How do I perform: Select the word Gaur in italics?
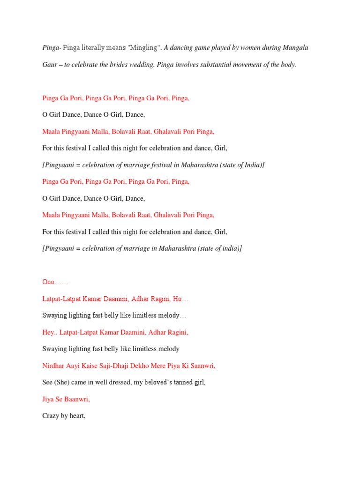pos(50,65)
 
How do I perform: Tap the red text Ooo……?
pos(55,282)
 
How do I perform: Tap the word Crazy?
pos(51,416)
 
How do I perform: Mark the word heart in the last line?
pos(77,416)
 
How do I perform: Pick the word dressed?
pos(115,382)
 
